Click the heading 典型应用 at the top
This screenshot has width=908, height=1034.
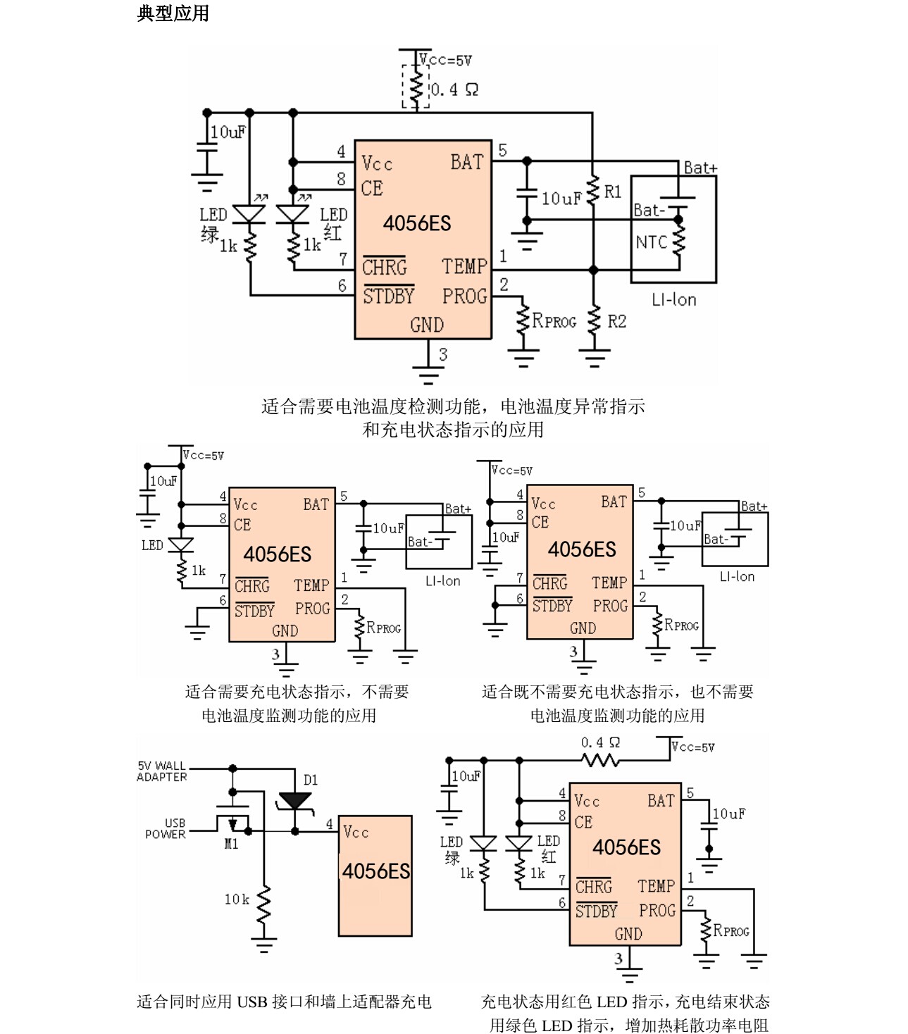pos(173,13)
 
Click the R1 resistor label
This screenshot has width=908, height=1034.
pos(613,192)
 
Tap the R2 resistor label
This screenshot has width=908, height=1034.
pos(616,322)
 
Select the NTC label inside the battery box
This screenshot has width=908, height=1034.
pos(651,242)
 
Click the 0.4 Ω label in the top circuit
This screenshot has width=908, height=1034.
pos(454,89)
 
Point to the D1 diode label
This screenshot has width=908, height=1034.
pos(311,780)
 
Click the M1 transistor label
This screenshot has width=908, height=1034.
pos(231,844)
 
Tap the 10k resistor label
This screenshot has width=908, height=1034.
pos(237,899)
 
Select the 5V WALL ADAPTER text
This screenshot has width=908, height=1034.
pos(162,771)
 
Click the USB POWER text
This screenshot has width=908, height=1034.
pos(166,828)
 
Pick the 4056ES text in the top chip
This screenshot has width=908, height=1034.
pos(416,224)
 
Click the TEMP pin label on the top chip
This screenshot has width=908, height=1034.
pos(464,266)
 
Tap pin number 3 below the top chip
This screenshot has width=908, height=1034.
pos(443,354)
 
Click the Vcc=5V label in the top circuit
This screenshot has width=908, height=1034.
pos(446,61)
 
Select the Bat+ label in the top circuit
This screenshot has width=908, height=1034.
pos(700,168)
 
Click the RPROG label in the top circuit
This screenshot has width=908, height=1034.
pos(554,321)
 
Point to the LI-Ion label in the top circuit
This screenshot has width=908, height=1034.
pos(673,300)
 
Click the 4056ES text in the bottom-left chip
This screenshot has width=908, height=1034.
pos(375,871)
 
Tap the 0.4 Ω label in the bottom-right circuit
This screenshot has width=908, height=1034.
pos(600,742)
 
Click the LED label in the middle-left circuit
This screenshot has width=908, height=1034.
pos(152,545)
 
